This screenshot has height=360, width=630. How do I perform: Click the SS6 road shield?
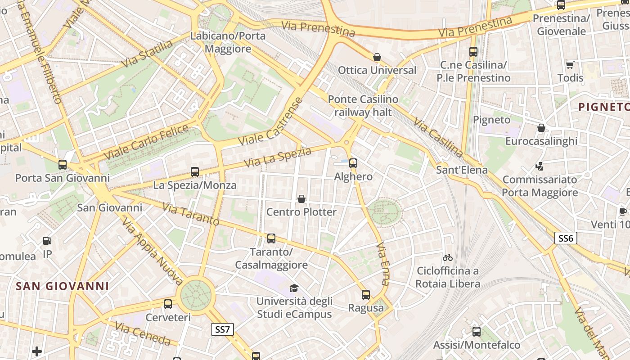565,238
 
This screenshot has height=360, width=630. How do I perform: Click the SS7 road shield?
222,329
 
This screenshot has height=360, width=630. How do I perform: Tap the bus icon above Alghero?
353,163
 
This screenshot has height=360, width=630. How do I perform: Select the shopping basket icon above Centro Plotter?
301,199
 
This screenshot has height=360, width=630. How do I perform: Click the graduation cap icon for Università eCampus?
294,288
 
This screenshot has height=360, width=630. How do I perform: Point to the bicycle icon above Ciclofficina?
447,257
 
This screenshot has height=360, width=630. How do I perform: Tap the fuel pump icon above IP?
47,241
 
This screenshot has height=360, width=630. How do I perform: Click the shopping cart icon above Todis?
570,65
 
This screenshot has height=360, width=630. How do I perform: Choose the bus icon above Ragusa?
366,295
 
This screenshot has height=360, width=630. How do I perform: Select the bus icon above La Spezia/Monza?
195,172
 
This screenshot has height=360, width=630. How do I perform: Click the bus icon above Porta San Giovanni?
63,165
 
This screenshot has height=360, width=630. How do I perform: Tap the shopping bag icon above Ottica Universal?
377,57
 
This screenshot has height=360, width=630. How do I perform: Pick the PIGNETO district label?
603,107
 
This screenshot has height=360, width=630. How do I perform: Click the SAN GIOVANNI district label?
63,286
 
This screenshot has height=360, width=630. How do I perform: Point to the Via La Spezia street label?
277,157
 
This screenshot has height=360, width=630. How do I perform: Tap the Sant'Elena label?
462,170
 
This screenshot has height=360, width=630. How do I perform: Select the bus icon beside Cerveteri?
168,304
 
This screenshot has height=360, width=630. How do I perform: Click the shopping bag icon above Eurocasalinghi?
541,128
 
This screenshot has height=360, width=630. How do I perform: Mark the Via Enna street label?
383,264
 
